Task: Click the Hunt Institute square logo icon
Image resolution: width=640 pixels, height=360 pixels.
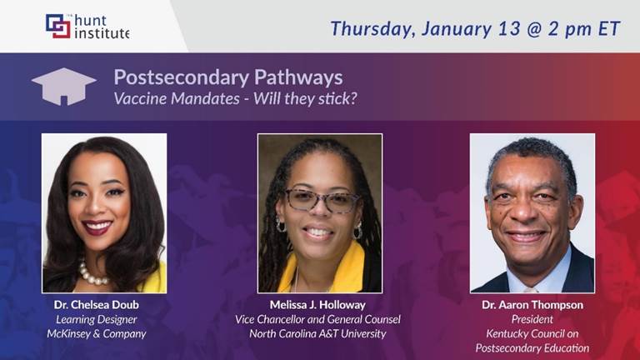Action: tap(58, 26)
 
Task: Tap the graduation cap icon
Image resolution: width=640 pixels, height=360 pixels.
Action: tap(63, 87)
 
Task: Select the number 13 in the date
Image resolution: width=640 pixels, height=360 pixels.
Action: tap(509, 28)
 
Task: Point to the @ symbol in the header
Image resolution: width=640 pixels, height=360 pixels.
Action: tap(534, 29)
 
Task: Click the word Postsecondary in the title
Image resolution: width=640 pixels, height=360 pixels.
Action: tap(181, 77)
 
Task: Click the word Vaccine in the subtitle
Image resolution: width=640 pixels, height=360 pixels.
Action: tap(140, 98)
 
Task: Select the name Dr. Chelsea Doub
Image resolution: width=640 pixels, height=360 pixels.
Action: tap(97, 305)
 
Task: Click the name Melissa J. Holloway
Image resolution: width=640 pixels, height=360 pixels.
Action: tap(317, 305)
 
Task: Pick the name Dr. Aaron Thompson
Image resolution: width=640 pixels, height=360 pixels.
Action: tap(532, 305)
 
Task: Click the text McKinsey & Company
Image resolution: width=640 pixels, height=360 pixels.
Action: tap(97, 334)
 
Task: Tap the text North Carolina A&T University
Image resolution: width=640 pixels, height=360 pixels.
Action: tap(317, 334)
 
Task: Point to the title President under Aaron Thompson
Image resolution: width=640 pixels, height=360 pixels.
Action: tap(532, 319)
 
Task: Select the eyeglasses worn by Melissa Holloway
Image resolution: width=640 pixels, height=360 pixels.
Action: tap(321, 200)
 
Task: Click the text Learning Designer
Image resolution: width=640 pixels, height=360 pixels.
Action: tap(97, 320)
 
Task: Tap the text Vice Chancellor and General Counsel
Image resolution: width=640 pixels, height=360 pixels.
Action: tap(317, 319)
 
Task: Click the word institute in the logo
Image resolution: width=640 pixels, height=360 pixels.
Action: tap(102, 33)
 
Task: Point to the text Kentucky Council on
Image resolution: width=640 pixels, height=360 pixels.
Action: tap(532, 334)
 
